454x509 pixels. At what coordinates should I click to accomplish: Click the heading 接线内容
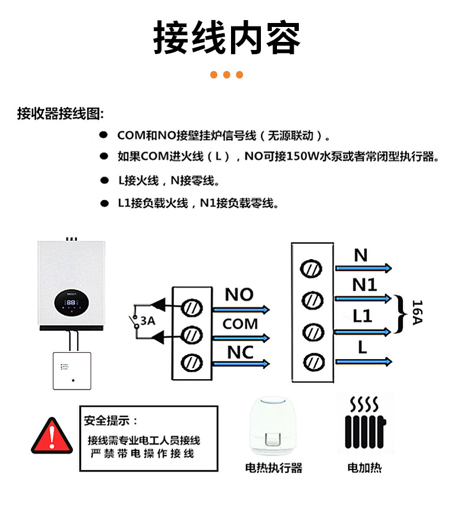click(x=227, y=38)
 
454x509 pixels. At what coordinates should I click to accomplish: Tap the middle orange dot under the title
click(x=226, y=75)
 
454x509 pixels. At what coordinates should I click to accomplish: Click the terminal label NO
click(x=239, y=295)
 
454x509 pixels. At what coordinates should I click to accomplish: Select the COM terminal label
click(x=240, y=324)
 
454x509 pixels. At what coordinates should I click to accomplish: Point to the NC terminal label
click(x=240, y=352)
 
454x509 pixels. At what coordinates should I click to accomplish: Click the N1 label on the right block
click(x=364, y=284)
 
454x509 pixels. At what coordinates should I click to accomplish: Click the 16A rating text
click(x=417, y=314)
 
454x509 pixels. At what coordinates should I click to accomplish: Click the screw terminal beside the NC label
click(x=191, y=363)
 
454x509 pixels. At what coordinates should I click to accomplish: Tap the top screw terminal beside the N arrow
click(x=312, y=268)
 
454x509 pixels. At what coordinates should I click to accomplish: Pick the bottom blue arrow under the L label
click(x=364, y=361)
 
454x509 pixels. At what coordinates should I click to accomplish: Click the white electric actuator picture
click(x=273, y=425)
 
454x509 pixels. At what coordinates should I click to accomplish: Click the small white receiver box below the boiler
click(x=72, y=371)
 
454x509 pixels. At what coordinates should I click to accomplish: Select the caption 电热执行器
click(x=274, y=467)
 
